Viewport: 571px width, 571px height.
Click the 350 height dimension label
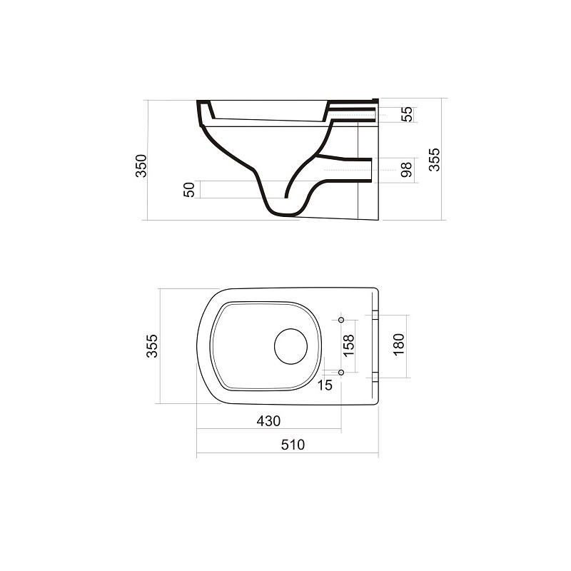(141, 166)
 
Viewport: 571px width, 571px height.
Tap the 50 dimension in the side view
(189, 190)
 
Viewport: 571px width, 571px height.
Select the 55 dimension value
(407, 114)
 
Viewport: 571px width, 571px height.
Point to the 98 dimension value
(406, 170)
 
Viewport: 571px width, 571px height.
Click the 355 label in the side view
(434, 159)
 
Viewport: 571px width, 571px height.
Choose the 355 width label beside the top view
(152, 346)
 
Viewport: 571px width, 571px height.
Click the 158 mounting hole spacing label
(348, 346)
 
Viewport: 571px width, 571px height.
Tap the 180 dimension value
(399, 345)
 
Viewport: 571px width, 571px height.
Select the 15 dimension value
(325, 385)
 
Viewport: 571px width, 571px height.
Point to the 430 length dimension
(268, 421)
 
